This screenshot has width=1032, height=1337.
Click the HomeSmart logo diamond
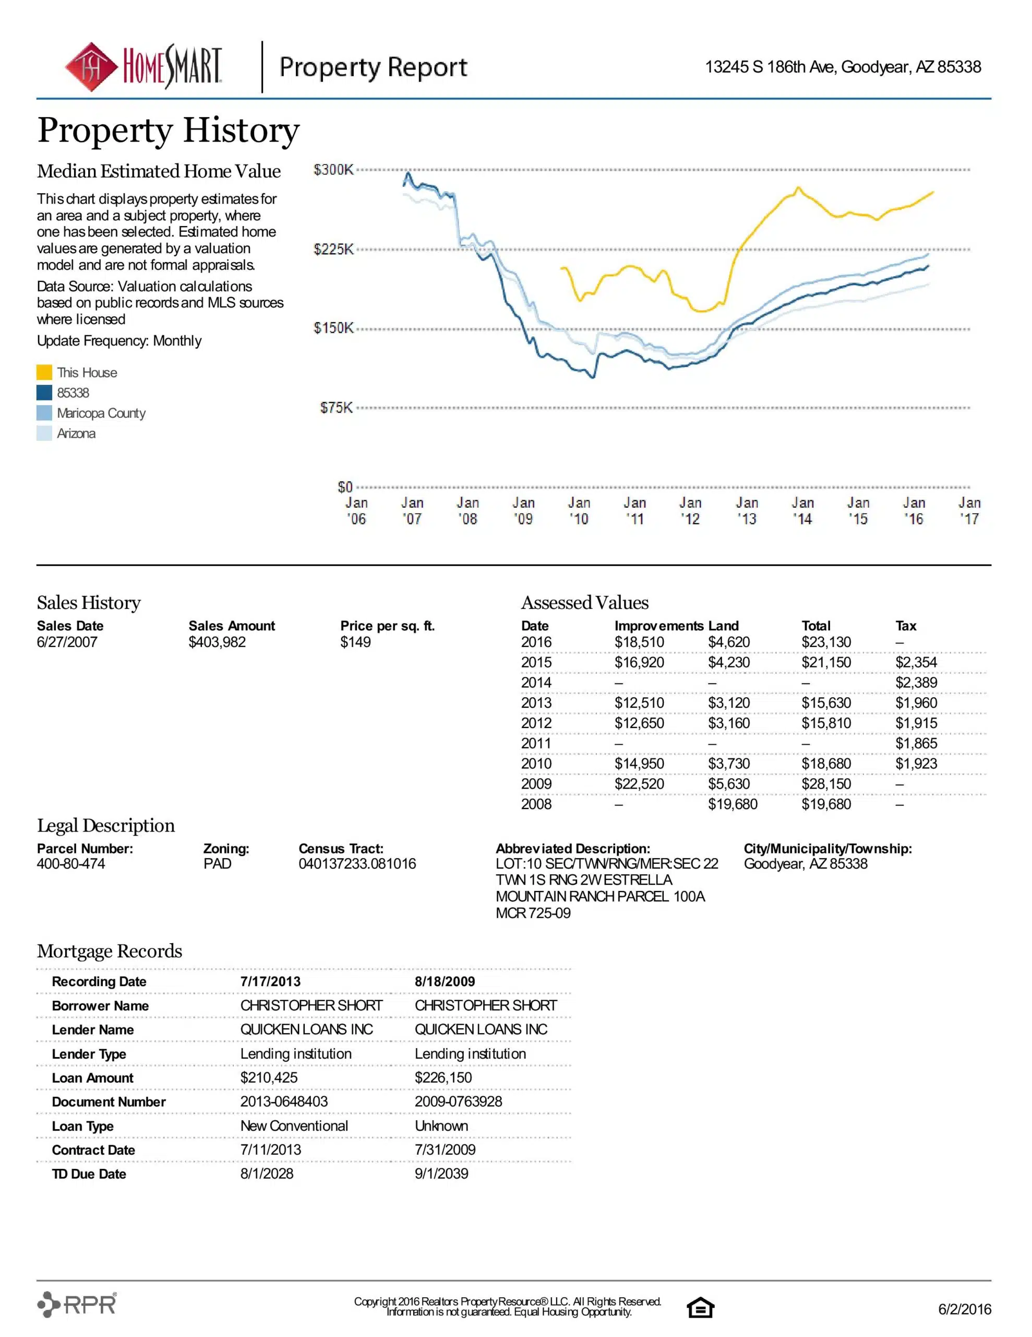coord(91,67)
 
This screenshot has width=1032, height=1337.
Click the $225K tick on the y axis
coord(333,249)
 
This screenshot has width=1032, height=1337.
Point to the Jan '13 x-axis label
coord(746,511)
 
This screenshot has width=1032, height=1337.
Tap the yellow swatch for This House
coord(44,372)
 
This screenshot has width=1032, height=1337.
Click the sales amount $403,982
coord(217,642)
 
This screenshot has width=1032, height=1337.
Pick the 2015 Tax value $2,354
coord(916,662)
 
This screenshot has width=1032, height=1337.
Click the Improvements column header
coord(659,626)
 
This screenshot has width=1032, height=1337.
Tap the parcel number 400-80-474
coord(71,864)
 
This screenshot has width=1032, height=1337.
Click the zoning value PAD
coord(217,864)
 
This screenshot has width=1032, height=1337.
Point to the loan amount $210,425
coord(269,1077)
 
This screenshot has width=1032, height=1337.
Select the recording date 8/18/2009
coord(445,981)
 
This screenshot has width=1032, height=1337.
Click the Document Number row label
coord(109,1102)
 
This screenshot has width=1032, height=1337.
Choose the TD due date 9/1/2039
coord(441,1174)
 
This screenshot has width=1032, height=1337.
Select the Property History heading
coord(168,131)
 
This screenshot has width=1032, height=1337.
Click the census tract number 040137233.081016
coord(357,864)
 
